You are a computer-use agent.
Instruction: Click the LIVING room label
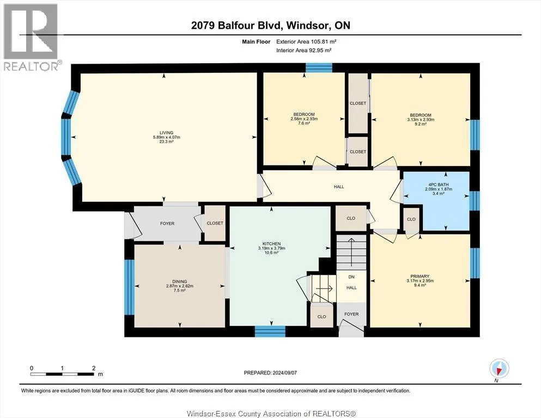click(166, 133)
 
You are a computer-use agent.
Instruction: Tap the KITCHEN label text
click(271, 244)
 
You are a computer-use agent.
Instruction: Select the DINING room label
click(179, 281)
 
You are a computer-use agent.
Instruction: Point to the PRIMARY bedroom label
click(420, 276)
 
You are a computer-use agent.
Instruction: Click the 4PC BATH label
click(438, 185)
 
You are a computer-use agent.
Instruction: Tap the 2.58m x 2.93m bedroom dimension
click(304, 119)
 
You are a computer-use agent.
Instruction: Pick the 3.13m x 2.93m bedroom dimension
click(421, 120)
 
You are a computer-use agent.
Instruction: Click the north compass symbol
click(499, 369)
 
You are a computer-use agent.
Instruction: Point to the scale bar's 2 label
click(94, 368)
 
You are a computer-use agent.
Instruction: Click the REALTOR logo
click(31, 36)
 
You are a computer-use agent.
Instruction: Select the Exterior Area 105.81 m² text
click(306, 42)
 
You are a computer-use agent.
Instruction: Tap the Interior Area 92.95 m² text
click(304, 50)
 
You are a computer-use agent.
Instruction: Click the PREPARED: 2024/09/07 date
click(270, 373)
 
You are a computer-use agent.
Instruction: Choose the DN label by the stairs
click(351, 277)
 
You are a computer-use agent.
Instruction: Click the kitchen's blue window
click(270, 331)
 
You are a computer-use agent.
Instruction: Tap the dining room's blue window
click(129, 287)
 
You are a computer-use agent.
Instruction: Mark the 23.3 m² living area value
click(166, 142)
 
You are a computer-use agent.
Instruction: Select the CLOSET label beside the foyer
click(215, 223)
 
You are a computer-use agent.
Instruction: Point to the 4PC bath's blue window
click(475, 201)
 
